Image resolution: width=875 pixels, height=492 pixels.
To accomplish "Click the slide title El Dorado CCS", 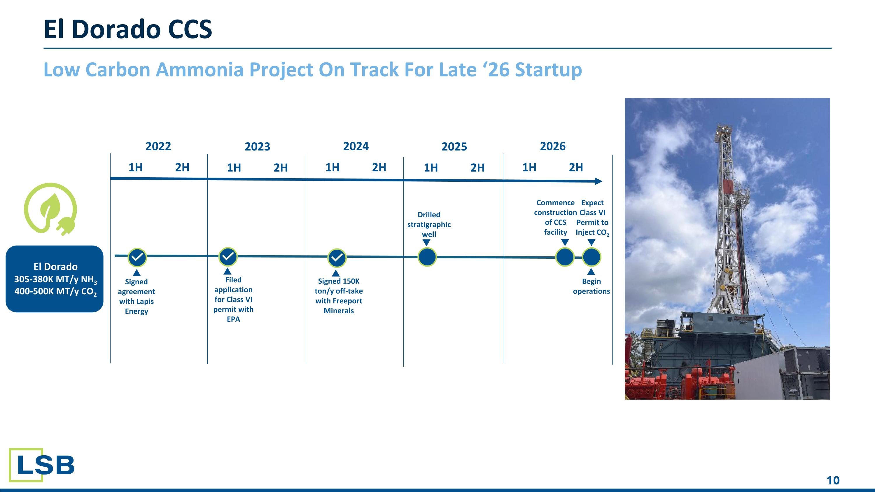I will point(128,29).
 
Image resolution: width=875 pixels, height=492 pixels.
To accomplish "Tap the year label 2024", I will point(356,146).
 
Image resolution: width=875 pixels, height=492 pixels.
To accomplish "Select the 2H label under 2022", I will point(182,167).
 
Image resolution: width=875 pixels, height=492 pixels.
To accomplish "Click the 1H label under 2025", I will point(431,168).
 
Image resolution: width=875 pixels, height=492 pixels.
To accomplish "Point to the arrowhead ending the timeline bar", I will point(598,181).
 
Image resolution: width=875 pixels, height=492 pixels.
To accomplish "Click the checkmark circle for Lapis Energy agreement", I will point(137,258).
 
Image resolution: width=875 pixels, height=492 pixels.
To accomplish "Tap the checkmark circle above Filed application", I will point(228,256).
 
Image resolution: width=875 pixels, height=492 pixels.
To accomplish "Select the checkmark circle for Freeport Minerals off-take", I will point(337,258).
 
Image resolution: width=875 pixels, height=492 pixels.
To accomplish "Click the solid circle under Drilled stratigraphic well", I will point(427,257).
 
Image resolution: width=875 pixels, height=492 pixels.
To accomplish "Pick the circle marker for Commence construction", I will point(565,257).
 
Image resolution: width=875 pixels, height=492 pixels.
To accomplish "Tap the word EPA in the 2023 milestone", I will point(233,319).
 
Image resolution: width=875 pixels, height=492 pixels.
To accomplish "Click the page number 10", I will point(832,480).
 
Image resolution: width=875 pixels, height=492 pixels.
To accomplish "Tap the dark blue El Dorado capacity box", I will point(55,279).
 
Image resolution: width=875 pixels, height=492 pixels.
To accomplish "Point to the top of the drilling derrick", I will point(724,128).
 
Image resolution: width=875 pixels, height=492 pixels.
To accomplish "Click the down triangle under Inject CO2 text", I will point(591,242).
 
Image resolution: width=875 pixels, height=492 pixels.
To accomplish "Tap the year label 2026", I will point(553,146).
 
